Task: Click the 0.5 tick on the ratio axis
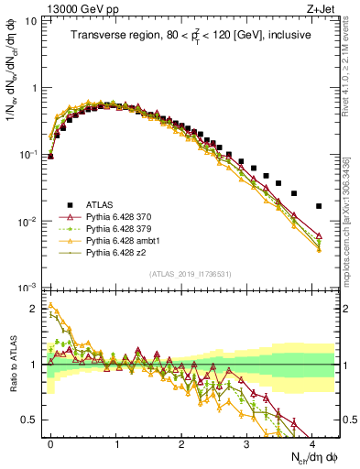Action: (30, 420)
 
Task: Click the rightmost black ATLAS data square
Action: (319, 206)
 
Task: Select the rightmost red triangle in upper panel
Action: (319, 235)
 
